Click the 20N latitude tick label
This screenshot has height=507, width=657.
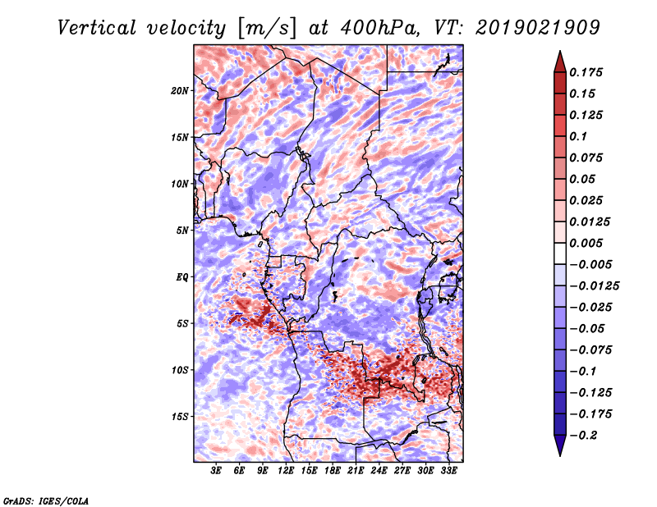tap(180, 90)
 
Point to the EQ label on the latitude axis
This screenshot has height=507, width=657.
tap(181, 276)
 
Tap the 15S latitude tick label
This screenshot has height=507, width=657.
tap(180, 416)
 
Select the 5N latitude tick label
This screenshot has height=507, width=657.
tap(182, 230)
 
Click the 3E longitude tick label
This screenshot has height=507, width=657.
tap(217, 471)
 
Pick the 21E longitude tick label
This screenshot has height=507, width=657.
tap(356, 471)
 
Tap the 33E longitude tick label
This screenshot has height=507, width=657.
tap(448, 471)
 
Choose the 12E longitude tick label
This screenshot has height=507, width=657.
tap(287, 471)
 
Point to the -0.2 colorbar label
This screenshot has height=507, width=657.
tap(586, 435)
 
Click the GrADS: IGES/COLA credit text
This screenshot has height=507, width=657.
tap(45, 500)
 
